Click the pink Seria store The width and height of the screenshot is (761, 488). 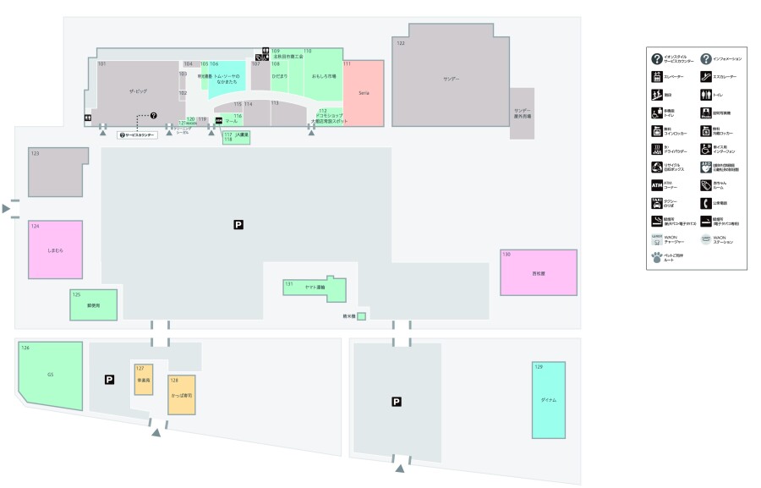[x=364, y=93]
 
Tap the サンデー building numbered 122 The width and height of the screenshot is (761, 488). [x=451, y=79]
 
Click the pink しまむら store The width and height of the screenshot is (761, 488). [x=56, y=250]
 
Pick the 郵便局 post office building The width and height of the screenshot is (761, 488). [x=81, y=304]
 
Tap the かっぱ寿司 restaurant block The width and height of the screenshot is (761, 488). [x=181, y=394]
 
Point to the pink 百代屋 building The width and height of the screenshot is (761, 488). [x=538, y=272]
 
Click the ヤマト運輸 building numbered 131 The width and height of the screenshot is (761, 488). [x=314, y=288]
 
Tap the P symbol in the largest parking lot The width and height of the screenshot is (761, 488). [x=238, y=224]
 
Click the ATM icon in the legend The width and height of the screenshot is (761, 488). [x=656, y=184]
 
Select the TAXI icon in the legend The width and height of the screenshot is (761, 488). [x=656, y=204]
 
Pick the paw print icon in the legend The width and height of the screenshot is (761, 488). [x=656, y=259]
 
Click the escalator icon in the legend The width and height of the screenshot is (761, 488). [x=705, y=77]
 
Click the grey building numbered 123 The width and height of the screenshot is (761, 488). [x=57, y=172]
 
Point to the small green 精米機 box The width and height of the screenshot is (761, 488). [x=361, y=316]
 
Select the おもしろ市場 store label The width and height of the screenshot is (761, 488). [x=324, y=76]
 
